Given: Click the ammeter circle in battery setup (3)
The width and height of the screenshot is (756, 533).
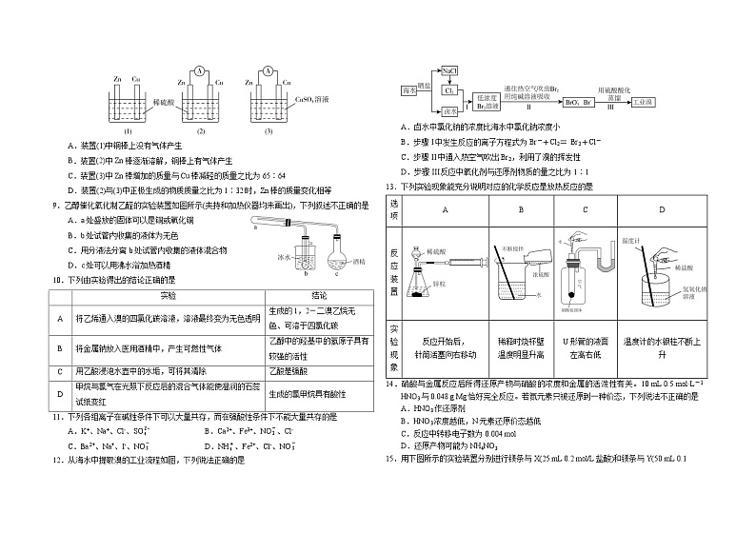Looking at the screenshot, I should tap(269, 71).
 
